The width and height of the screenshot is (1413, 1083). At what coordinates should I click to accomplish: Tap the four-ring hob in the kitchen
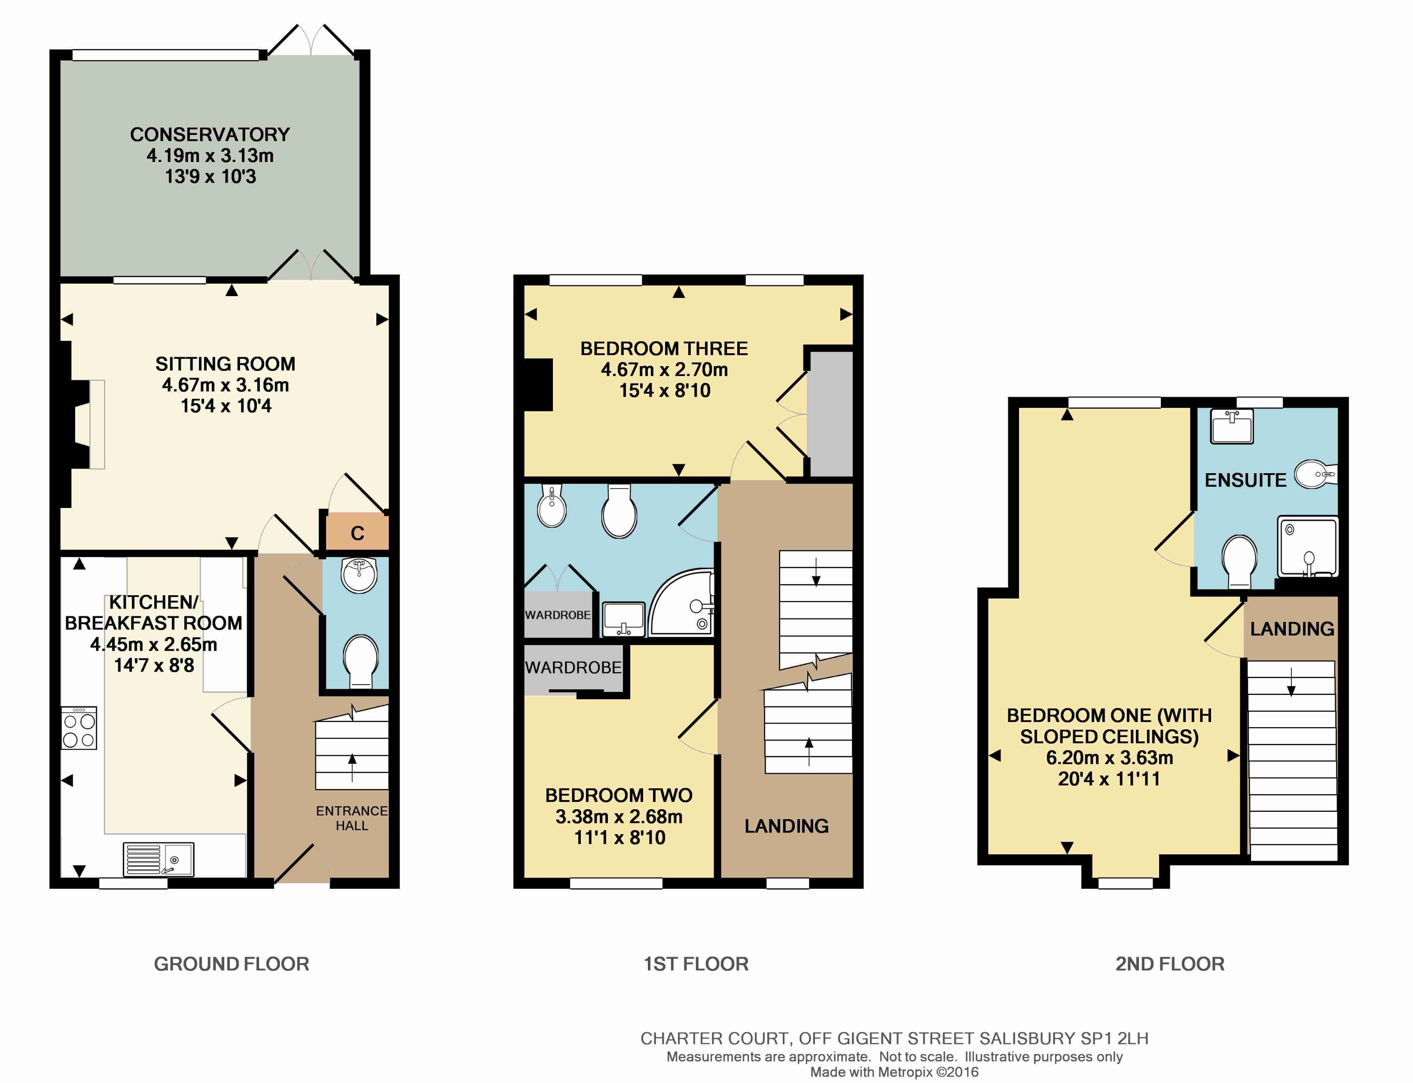pyautogui.click(x=79, y=728)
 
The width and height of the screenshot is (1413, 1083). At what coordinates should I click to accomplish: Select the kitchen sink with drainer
pyautogui.click(x=158, y=860)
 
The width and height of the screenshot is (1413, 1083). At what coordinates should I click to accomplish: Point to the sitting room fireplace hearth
pyautogui.click(x=97, y=424)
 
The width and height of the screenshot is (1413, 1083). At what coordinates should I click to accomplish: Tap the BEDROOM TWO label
pyautogui.click(x=619, y=795)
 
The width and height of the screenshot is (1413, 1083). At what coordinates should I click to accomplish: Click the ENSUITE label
pyautogui.click(x=1245, y=480)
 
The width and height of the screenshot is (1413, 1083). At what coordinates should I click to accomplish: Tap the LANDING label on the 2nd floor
pyautogui.click(x=1292, y=628)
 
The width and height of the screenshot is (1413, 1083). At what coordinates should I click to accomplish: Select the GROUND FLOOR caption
pyautogui.click(x=231, y=964)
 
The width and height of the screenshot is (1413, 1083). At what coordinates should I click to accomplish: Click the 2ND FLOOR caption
pyautogui.click(x=1169, y=964)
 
